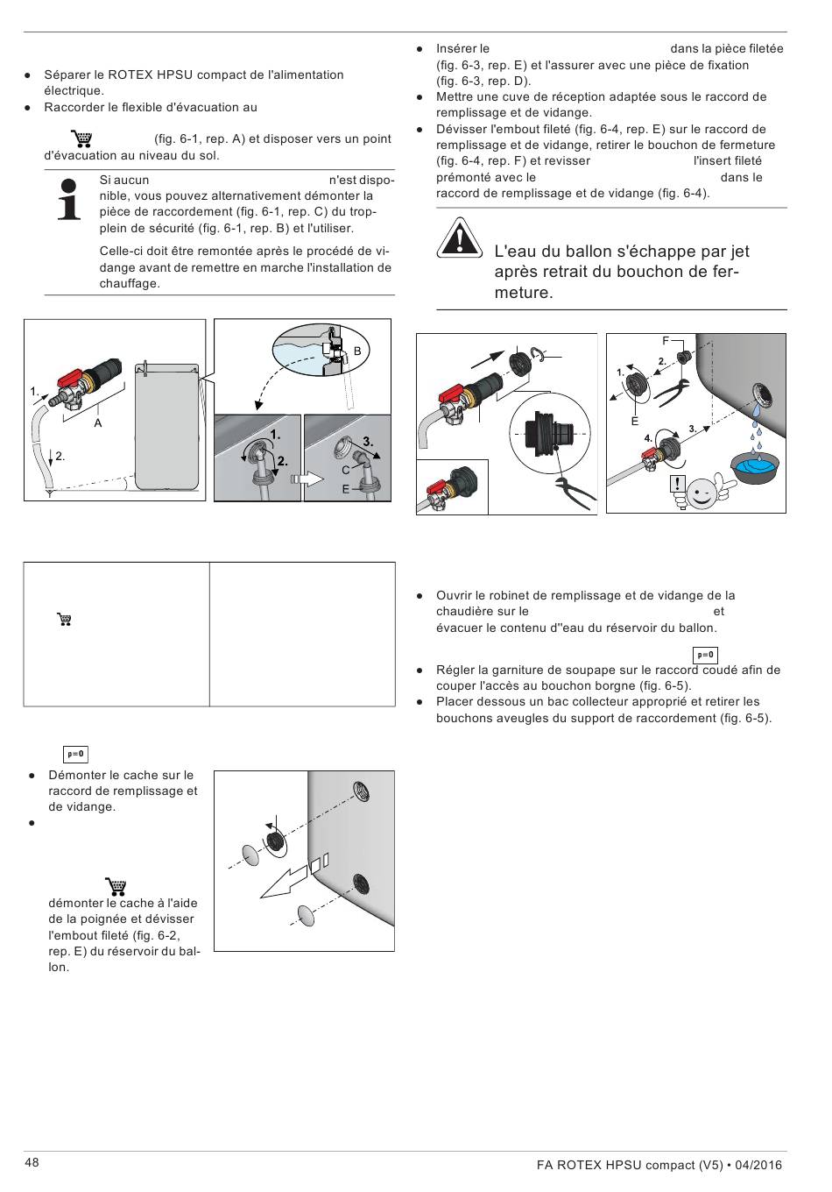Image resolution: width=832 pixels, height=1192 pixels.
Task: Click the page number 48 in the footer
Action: point(32,1162)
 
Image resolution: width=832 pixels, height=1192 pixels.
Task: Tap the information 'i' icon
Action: point(69,199)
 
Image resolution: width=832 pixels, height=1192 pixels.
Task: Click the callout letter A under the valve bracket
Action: point(98,422)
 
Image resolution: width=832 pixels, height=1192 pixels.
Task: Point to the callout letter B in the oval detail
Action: point(357,351)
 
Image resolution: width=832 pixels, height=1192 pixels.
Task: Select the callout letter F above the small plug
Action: point(666,340)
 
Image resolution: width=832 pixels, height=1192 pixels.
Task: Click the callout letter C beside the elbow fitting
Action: point(346,471)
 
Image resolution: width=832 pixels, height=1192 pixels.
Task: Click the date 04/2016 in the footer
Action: point(758,1165)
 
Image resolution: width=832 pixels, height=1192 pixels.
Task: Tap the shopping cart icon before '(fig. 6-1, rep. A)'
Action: point(81,138)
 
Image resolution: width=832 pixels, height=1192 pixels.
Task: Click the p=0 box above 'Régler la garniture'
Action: point(705,655)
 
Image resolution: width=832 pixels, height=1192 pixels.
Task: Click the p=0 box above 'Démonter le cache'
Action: point(76,755)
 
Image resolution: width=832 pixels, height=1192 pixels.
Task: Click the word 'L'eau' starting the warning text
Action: point(513,252)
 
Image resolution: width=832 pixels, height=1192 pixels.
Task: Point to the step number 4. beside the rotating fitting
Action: point(648,437)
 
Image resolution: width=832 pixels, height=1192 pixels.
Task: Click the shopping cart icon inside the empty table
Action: point(64,620)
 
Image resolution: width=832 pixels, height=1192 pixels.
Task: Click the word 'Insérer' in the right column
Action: point(457,49)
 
